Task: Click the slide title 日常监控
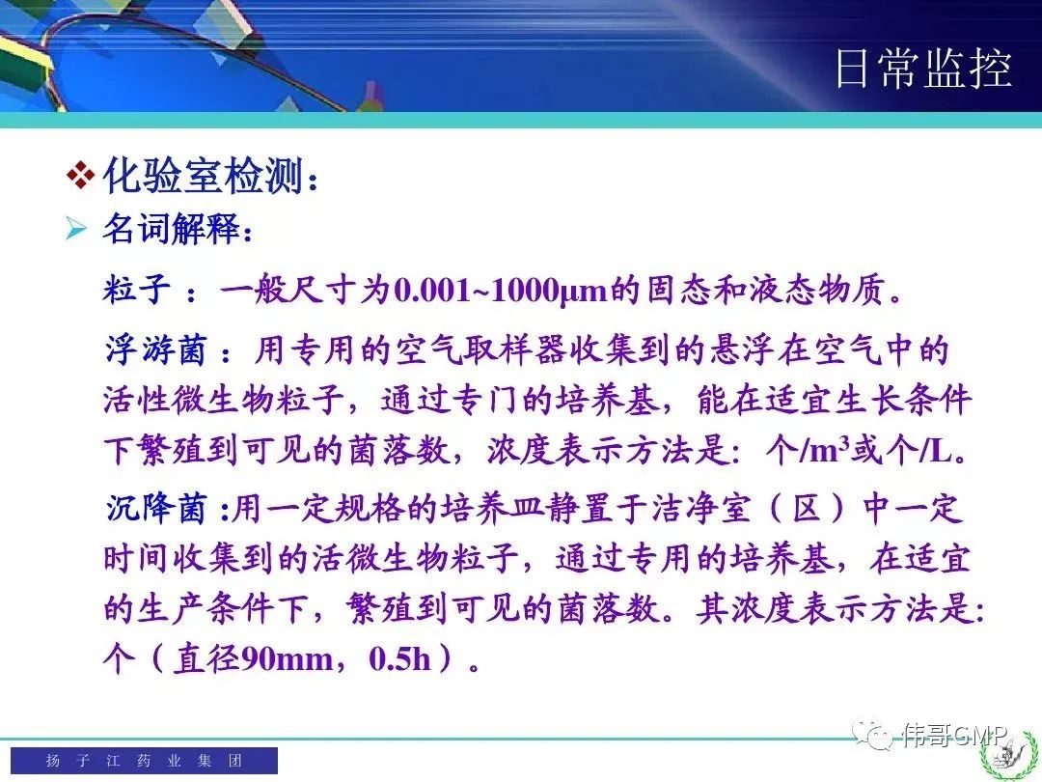(x=923, y=68)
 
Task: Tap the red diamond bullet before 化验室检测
(x=80, y=176)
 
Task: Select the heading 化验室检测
(x=204, y=176)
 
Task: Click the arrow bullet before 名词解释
(x=76, y=229)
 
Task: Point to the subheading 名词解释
(x=171, y=229)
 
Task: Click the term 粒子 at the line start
(x=136, y=290)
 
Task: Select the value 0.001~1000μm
(x=501, y=290)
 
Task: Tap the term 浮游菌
(x=155, y=349)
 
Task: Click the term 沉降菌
(x=156, y=508)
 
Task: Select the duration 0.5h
(x=400, y=659)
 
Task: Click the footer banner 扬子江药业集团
(x=144, y=760)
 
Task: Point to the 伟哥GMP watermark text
(x=953, y=734)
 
